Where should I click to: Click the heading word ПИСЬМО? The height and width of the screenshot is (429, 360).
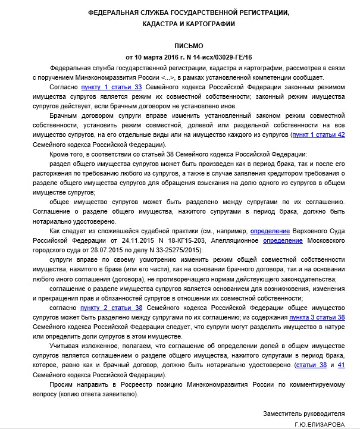click(189, 46)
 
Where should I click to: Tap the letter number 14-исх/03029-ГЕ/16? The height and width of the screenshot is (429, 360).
click(213, 57)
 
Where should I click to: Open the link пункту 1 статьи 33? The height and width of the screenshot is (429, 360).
click(107, 87)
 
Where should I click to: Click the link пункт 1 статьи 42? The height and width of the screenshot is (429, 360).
click(318, 135)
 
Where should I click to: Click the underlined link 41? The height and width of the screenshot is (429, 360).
click(341, 365)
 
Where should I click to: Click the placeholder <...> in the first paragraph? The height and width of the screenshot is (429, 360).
click(167, 77)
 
